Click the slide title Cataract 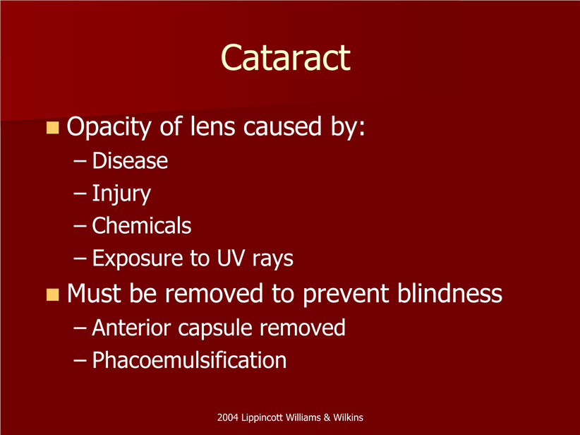tap(285, 58)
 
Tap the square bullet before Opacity tap(52, 128)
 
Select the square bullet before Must tap(52, 295)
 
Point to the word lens tap(212, 126)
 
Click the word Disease tap(130, 161)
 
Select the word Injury tap(121, 194)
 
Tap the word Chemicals tap(142, 225)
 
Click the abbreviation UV tap(231, 258)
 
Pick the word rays tap(273, 259)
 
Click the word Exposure tap(137, 258)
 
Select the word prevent tap(346, 295)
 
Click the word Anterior tap(131, 328)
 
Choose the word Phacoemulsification tap(189, 360)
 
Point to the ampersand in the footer tap(327, 417)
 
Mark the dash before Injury tap(80, 194)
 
